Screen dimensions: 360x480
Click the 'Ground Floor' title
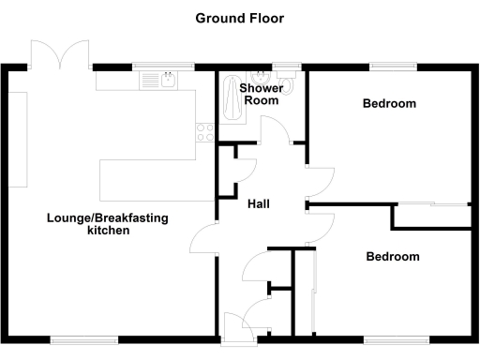pos(239,18)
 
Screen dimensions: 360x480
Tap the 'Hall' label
pos(260,203)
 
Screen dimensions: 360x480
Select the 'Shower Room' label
pos(260,95)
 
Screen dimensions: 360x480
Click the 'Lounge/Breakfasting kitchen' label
pos(108,224)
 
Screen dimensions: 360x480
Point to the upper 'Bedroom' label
pos(389,104)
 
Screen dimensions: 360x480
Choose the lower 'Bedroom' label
pos(393,256)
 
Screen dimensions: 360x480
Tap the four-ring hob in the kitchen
pos(203,130)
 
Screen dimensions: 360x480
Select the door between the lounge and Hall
pos(206,242)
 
